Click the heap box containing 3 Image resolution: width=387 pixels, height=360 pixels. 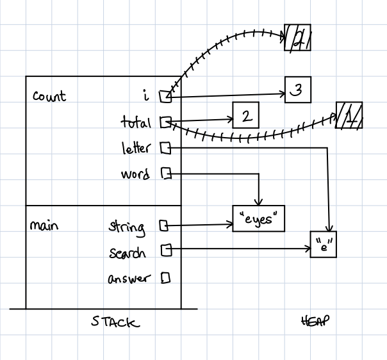298,91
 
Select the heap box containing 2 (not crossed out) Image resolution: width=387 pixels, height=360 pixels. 245,116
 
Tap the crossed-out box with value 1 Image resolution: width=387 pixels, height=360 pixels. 349,116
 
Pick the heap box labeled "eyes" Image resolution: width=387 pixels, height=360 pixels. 258,219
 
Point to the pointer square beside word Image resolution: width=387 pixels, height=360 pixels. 165,174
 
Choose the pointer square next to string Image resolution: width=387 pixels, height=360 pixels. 163,225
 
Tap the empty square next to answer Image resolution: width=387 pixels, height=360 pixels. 165,278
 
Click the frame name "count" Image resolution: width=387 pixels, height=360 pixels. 49,97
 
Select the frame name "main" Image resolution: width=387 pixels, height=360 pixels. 44,225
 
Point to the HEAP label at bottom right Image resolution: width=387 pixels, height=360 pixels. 313,322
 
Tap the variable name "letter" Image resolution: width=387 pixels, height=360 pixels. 136,149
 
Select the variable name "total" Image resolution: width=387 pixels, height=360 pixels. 136,122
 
